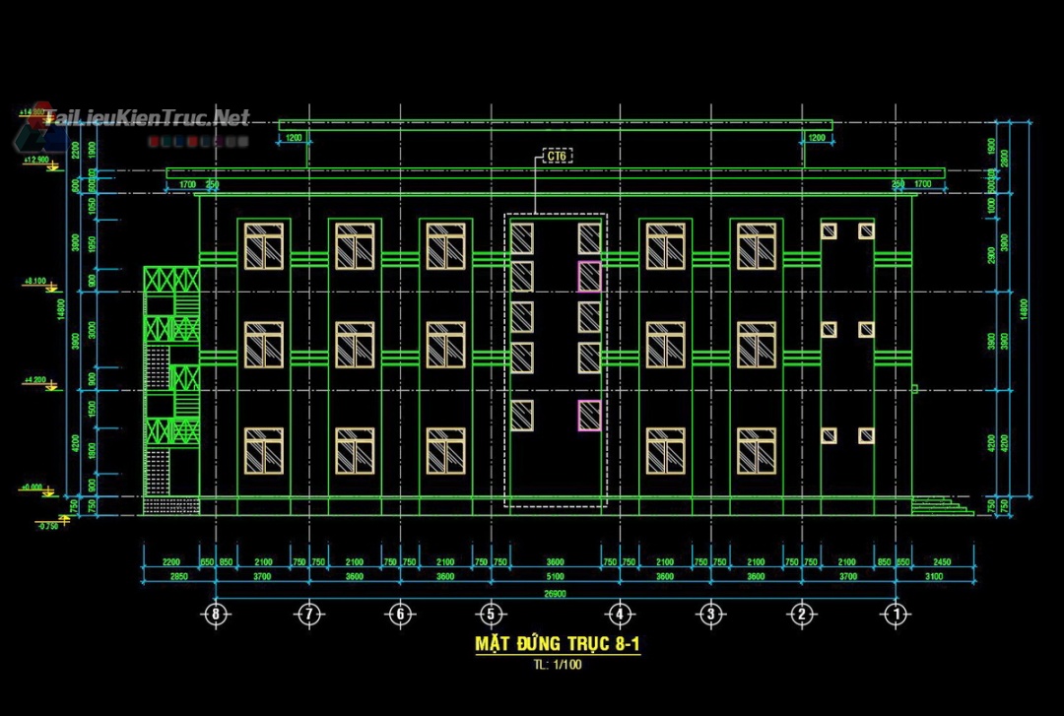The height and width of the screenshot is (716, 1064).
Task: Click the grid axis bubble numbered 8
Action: point(216,614)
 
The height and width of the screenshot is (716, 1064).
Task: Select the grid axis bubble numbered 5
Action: point(490,614)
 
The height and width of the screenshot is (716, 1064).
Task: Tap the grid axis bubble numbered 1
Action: point(896,614)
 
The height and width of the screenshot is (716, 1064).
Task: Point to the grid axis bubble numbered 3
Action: point(710,614)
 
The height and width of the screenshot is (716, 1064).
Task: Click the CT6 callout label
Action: point(558,156)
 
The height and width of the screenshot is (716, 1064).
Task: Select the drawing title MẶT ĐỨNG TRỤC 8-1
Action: point(559,644)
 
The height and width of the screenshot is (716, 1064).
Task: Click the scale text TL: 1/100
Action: point(559,665)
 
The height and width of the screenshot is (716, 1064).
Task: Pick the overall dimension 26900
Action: point(556,593)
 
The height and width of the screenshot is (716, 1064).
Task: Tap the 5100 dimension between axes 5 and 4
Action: point(556,576)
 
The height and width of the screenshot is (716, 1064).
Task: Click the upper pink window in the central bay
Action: point(589,276)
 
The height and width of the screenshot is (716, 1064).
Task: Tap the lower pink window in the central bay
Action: point(589,416)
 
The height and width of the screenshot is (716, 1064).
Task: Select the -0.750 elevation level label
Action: point(46,526)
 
